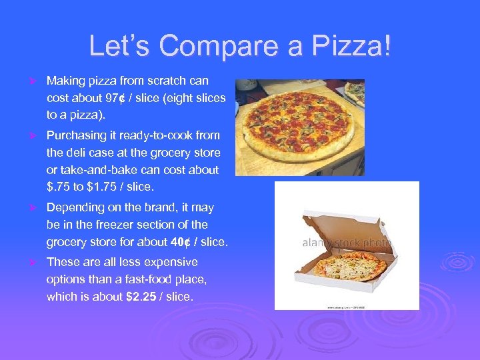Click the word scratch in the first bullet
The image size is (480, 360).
pyautogui.click(x=175, y=81)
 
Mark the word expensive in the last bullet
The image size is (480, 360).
pyautogui.click(x=167, y=262)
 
